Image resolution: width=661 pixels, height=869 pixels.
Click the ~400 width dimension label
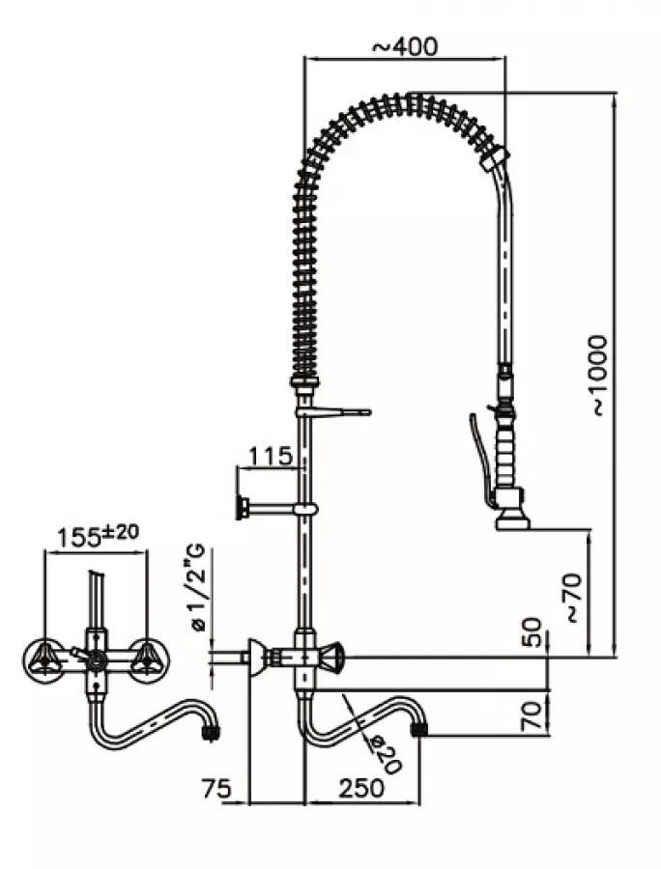pos(404,44)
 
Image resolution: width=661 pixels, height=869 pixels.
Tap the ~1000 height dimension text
pos(599,376)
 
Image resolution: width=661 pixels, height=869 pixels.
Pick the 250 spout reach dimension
pos(361,788)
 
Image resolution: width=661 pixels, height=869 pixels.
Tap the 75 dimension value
pos(219,788)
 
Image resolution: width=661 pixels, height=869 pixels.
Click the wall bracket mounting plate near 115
pos(243,506)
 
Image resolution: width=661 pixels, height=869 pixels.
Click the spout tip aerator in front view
pos(209,733)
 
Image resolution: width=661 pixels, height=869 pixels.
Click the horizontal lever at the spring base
pos(338,413)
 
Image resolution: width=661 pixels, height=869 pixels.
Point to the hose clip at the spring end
pos(496,157)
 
